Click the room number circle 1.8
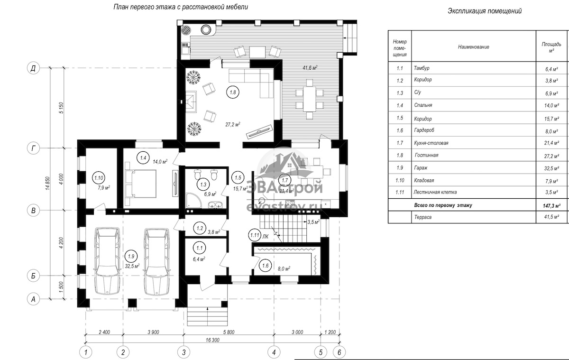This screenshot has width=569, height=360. pos(233,92)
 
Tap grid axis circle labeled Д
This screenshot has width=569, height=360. pos(33,68)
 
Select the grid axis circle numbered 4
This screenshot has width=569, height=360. pos(274,352)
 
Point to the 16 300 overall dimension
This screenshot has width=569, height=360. pos(212,340)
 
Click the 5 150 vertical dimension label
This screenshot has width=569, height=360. pos(61,108)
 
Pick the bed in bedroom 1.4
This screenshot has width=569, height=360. pos(140,184)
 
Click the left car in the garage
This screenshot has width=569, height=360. pos(107,261)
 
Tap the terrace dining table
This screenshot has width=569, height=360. pos(309,99)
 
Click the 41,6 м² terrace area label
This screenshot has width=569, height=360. pos(310,67)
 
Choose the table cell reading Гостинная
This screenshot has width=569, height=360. pos(426,155)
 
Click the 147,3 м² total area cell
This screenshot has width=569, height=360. pos(552,206)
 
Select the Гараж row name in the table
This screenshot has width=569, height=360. pos(421,168)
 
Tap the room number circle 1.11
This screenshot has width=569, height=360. pos(255,235)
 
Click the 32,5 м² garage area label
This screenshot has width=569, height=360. pos(132,266)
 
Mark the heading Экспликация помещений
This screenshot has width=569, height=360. pos(485,11)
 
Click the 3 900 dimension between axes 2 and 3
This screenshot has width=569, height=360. pos(153,332)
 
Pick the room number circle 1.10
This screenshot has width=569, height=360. pos(99,178)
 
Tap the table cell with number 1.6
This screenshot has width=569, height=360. pos(400,130)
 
